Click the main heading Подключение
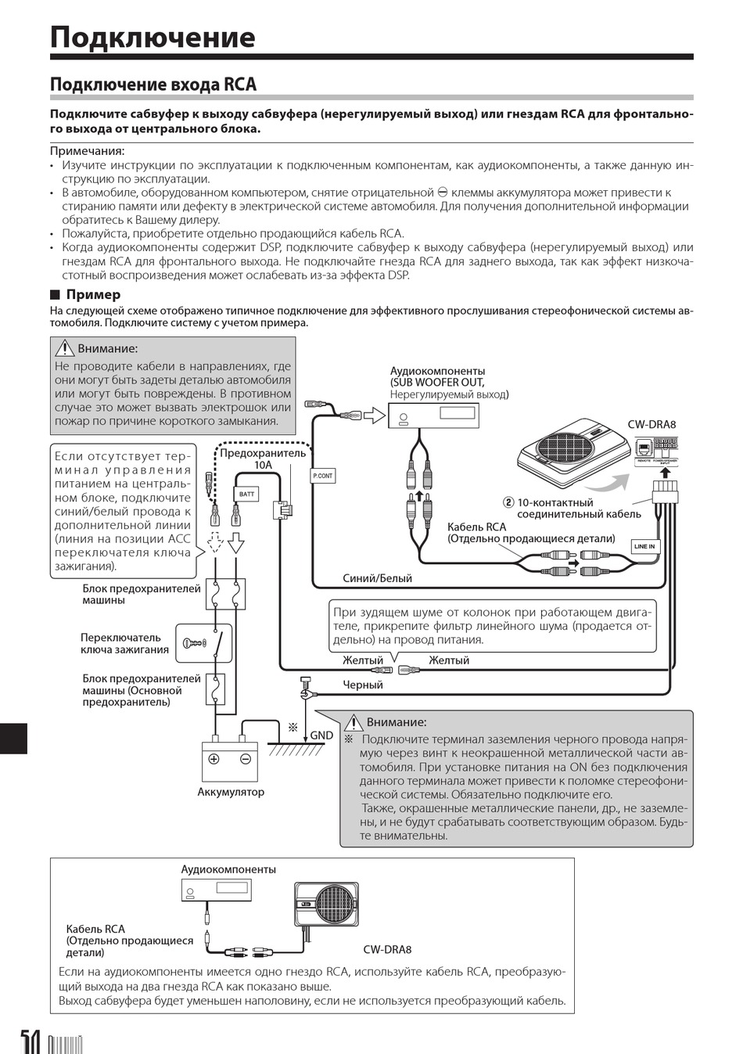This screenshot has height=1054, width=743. [153, 38]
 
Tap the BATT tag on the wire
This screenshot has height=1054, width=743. [246, 495]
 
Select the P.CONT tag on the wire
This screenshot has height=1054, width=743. [323, 476]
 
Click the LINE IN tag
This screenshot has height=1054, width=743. [644, 546]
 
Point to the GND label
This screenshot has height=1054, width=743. [321, 736]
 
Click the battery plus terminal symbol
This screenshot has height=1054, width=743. [214, 758]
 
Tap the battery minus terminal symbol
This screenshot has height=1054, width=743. [245, 758]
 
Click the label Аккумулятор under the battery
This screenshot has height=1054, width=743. [231, 792]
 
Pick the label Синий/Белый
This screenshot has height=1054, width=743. [377, 578]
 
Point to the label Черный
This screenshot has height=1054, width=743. [363, 685]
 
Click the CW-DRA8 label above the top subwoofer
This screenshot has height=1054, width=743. [651, 425]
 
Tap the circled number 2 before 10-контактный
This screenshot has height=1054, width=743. [508, 502]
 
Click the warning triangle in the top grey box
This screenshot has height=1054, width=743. [63, 349]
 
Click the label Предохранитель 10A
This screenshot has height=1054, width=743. [263, 459]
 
